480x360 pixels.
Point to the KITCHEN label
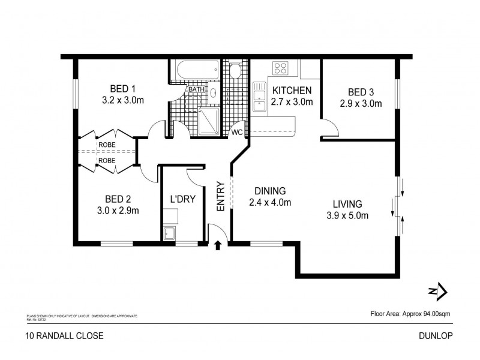(293, 91)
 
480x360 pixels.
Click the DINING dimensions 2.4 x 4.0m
(270, 202)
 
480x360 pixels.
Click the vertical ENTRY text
(220, 196)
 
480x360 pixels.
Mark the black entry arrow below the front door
(218, 245)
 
